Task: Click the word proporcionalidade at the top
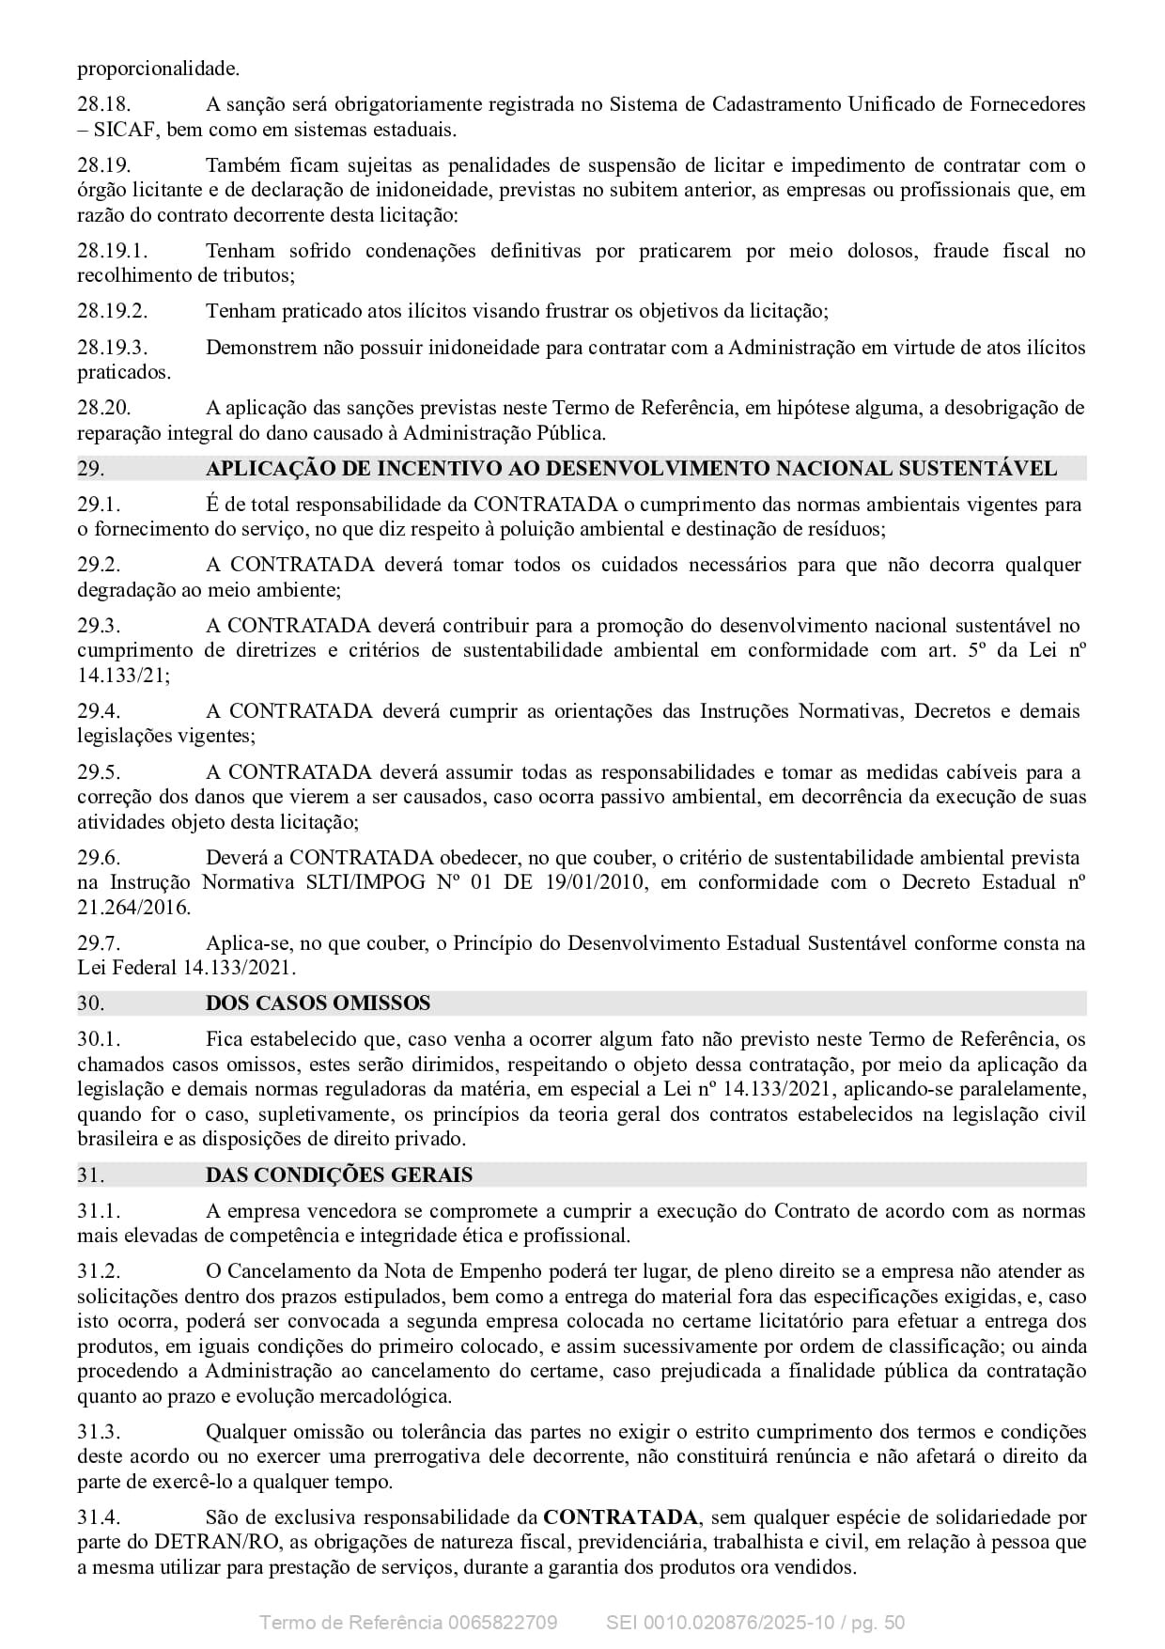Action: pos(158,69)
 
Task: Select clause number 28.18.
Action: pos(103,104)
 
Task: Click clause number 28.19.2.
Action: pos(112,311)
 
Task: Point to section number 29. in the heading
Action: pos(90,468)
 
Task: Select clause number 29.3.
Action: pos(99,626)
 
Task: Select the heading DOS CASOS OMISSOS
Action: pos(318,1003)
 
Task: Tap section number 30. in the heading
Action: pos(90,1003)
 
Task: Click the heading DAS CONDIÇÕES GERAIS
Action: pos(339,1175)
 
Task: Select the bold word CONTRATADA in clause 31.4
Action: pos(620,1517)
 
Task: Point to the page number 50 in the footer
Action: pos(893,1623)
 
